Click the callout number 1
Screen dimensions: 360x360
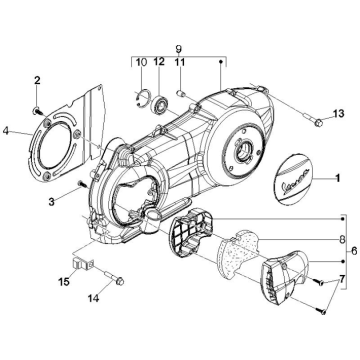337,178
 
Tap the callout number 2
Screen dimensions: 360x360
37,80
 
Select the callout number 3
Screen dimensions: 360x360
51,201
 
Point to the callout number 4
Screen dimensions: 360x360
6,131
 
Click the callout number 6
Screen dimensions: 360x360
354,251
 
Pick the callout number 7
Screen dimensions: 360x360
342,279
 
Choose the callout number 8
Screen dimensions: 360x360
342,239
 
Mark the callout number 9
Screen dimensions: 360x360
179,49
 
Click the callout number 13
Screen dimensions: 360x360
338,114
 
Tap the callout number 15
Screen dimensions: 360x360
64,281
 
